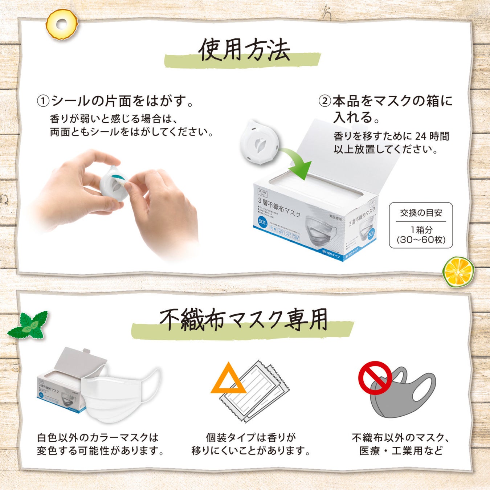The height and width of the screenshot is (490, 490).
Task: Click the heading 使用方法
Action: (244, 50)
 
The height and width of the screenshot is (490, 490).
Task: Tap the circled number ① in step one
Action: (43, 101)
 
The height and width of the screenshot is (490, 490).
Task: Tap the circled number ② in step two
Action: (325, 101)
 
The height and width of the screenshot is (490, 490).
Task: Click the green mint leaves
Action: (29, 325)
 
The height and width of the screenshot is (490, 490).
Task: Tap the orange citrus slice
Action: (458, 271)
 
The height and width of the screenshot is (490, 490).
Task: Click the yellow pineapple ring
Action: (62, 25)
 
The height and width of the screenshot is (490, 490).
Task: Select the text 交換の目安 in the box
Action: (421, 213)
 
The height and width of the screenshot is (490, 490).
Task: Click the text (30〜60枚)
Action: (421, 240)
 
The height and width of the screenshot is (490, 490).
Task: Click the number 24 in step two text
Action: (421, 136)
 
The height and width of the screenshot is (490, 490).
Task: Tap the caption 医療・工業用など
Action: (401, 451)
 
